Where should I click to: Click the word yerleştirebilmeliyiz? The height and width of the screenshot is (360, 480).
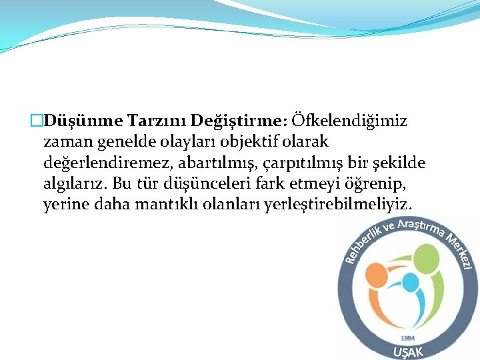click(339, 204)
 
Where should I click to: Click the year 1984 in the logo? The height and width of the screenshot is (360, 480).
click(407, 338)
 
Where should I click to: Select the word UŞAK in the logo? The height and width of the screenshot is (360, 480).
click(407, 351)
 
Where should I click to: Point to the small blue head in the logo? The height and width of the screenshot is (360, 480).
click(411, 281)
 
